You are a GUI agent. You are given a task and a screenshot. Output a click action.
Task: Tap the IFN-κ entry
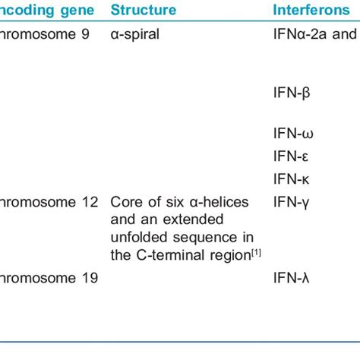[x=291, y=179]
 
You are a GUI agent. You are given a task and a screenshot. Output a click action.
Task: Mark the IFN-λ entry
[x=291, y=278]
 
